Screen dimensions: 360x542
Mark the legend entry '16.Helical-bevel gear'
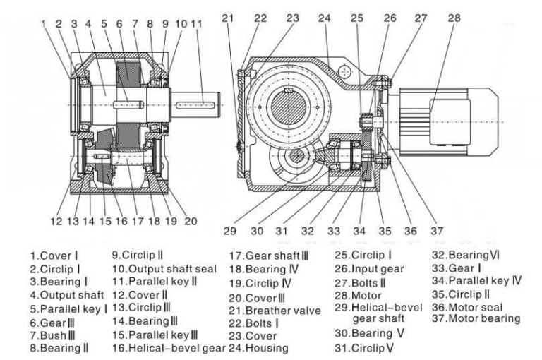coord(167,347)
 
